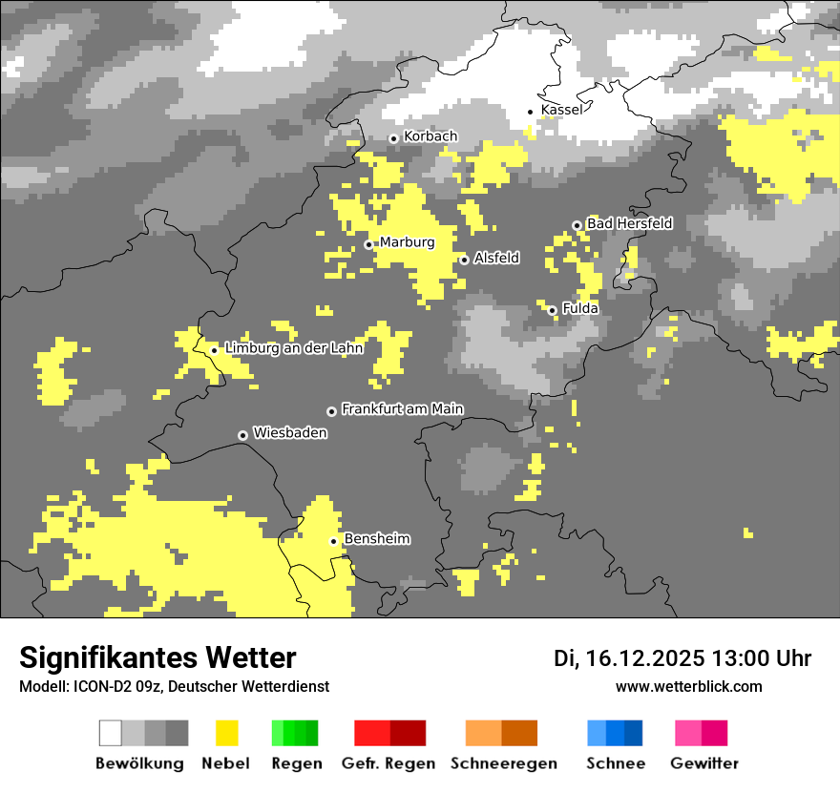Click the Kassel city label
click(x=561, y=110)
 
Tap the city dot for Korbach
click(x=393, y=138)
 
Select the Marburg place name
click(x=407, y=242)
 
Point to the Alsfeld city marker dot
click(x=464, y=260)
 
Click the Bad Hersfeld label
click(x=629, y=223)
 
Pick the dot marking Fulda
click(x=552, y=310)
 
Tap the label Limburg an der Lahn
click(x=293, y=348)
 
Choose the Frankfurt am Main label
click(x=402, y=408)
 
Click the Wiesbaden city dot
click(x=242, y=435)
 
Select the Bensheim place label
click(x=376, y=539)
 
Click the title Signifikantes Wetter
click(x=157, y=657)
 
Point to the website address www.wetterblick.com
click(x=688, y=686)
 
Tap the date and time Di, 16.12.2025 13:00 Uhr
click(x=682, y=658)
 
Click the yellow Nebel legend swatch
click(x=226, y=733)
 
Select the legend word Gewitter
click(x=704, y=763)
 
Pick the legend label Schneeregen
click(x=503, y=763)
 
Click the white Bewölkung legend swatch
click(x=111, y=733)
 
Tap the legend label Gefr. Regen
click(x=388, y=763)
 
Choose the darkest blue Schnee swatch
click(x=633, y=733)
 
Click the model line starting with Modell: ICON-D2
click(x=174, y=686)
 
